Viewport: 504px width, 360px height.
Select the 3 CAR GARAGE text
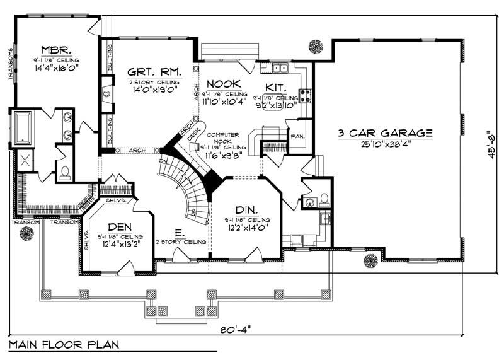tap(384, 133)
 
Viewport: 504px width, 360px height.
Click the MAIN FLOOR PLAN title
tap(62, 345)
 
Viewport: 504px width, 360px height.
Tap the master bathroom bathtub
tap(21, 127)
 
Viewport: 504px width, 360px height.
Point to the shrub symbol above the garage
tap(315, 45)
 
